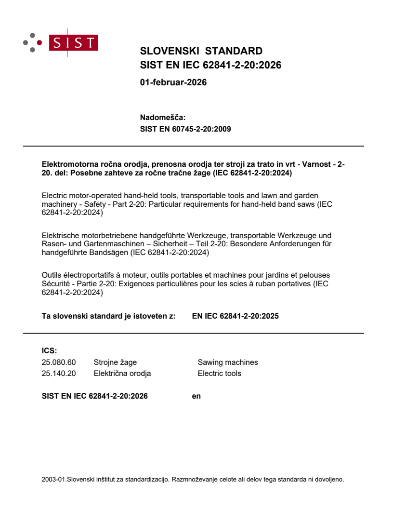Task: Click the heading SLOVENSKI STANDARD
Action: click(x=201, y=51)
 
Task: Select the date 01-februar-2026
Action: click(x=173, y=82)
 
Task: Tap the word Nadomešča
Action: click(x=162, y=117)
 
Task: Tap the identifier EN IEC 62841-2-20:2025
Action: click(x=235, y=316)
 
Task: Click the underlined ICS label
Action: click(x=49, y=350)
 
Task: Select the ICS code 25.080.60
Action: click(x=59, y=362)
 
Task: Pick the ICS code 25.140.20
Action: click(x=59, y=373)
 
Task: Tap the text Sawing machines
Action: click(x=228, y=362)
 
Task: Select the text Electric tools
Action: click(x=220, y=373)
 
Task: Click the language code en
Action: click(x=196, y=396)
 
